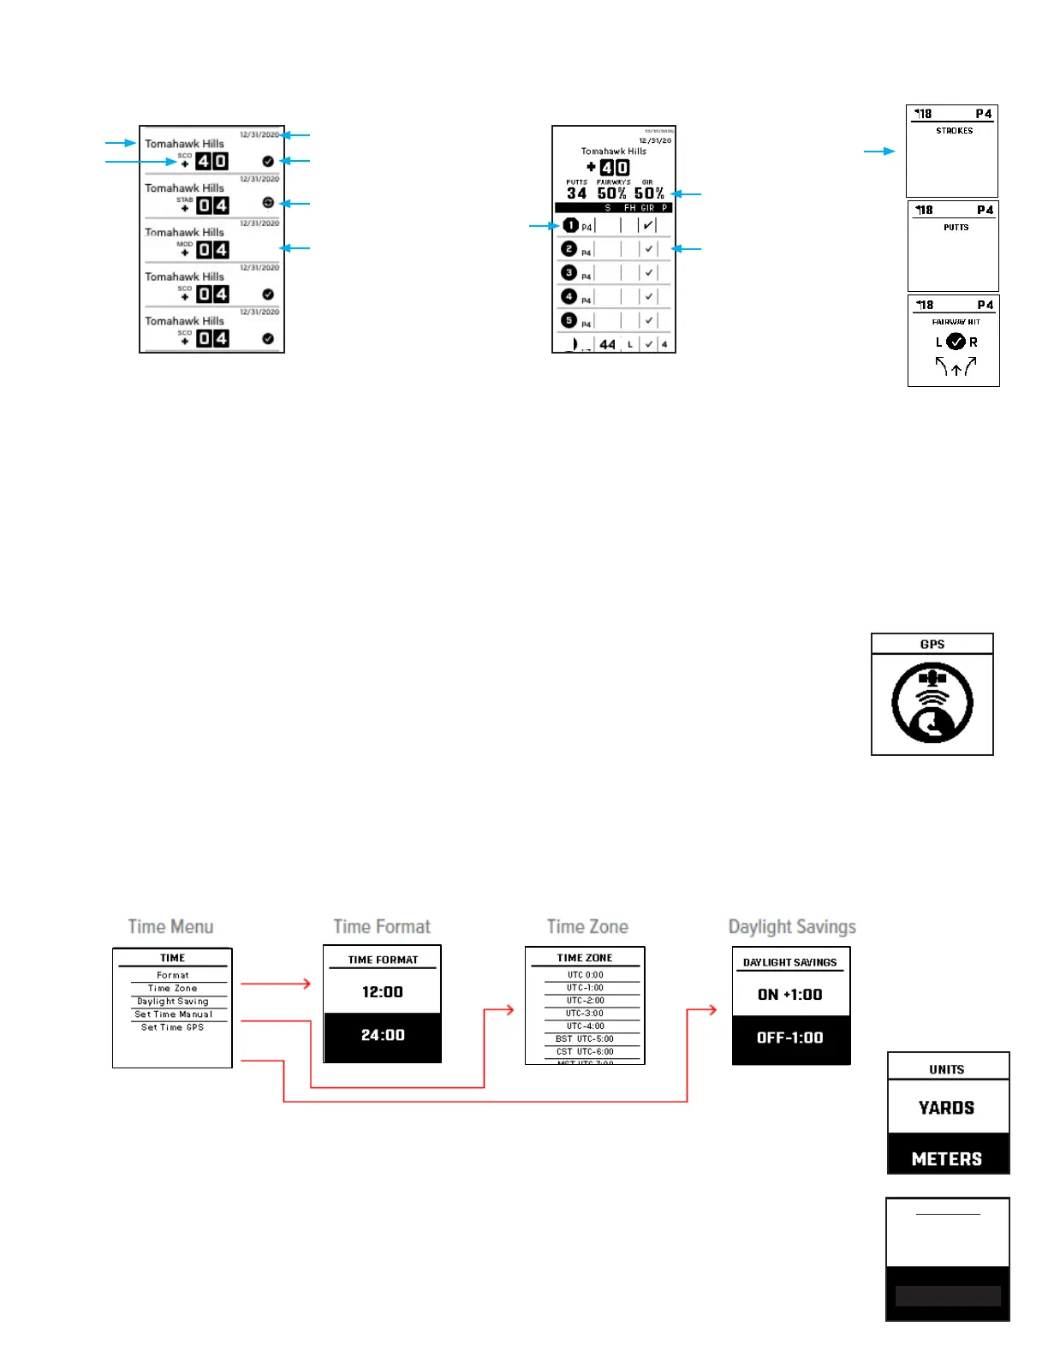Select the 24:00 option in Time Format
tap(382, 1036)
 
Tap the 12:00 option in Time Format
tap(382, 992)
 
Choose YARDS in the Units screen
tap(946, 1108)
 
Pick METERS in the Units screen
tap(946, 1159)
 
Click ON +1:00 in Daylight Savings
tap(789, 995)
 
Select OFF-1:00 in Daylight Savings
tap(789, 1038)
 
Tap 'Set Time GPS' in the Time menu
tap(172, 1027)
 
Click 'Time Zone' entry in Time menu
tap(172, 988)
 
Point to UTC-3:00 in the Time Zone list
tap(585, 1013)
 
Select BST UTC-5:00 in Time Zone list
tap(585, 1038)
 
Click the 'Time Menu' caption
tap(170, 926)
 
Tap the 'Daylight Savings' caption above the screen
tap(792, 927)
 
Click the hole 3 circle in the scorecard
tap(569, 272)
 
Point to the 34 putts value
tap(576, 193)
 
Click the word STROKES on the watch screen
tap(954, 131)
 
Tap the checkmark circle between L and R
tap(956, 342)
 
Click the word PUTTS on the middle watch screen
tap(956, 228)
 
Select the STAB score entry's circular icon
tap(268, 203)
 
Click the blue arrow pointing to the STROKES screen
tap(878, 152)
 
